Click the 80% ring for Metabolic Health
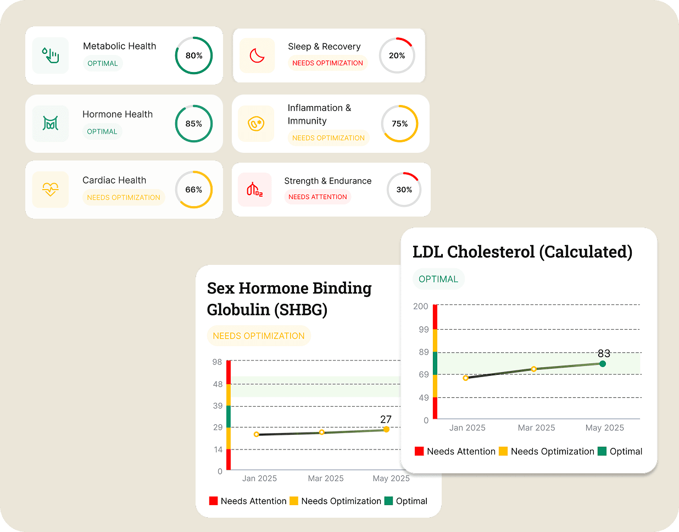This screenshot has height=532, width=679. tap(193, 56)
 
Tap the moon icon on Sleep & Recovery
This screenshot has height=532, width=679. tap(257, 56)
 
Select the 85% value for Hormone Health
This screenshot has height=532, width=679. tap(193, 124)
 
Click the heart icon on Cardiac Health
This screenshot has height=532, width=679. tap(51, 190)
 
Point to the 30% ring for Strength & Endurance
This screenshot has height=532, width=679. tap(404, 190)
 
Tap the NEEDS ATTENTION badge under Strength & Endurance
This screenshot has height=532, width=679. tap(318, 197)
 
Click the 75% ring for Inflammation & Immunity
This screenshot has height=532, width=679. tap(399, 124)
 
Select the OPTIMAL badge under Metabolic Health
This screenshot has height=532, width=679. tap(103, 63)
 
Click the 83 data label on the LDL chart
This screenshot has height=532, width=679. tap(604, 353)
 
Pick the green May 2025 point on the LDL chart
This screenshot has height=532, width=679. tap(603, 364)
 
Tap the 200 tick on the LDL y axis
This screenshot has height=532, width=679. tap(421, 306)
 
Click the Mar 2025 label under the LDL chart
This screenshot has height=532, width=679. tap(536, 428)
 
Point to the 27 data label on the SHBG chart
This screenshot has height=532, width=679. tap(386, 419)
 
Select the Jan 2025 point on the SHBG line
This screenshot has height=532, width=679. tap(257, 434)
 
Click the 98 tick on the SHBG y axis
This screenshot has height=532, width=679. tap(218, 362)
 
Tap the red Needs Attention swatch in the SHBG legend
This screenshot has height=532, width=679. tap(214, 501)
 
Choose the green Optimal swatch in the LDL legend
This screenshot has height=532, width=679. tap(602, 451)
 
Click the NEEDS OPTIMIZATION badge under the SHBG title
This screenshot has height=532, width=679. tap(259, 336)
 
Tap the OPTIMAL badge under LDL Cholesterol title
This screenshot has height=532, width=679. tap(438, 279)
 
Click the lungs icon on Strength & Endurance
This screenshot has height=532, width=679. tap(254, 190)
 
